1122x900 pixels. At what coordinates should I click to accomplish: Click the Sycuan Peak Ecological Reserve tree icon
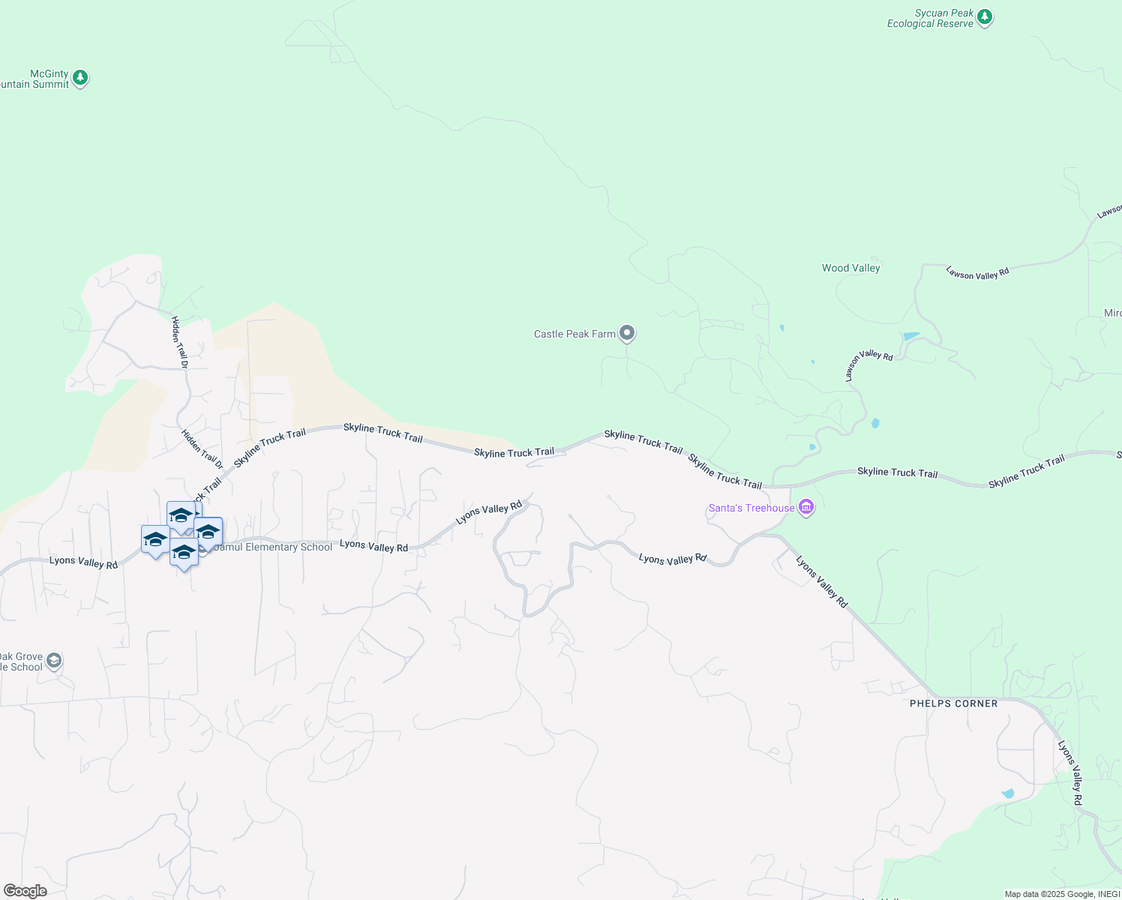click(x=985, y=17)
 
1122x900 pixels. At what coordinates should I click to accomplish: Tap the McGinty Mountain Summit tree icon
click(x=80, y=77)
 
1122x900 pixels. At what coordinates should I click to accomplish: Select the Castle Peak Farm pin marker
click(x=627, y=333)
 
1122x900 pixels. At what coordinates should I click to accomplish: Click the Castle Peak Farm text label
click(x=574, y=334)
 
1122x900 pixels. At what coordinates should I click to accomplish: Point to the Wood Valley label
click(x=850, y=268)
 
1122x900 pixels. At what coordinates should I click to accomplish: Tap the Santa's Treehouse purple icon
click(x=806, y=508)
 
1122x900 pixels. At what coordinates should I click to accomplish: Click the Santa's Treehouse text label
click(x=751, y=508)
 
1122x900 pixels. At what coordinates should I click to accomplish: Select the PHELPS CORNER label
click(x=953, y=703)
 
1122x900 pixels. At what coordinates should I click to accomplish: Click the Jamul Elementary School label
click(x=273, y=547)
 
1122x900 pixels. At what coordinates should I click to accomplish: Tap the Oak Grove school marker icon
click(x=53, y=661)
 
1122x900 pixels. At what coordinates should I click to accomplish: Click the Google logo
click(x=25, y=890)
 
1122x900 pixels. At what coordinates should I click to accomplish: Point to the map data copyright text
click(x=1062, y=894)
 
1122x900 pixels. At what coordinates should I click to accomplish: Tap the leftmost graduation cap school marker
click(x=155, y=539)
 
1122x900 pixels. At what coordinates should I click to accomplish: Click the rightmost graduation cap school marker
click(x=208, y=532)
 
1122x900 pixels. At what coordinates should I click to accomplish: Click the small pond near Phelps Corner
click(x=1007, y=793)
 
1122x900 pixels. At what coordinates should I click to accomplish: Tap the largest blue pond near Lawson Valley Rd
click(x=911, y=336)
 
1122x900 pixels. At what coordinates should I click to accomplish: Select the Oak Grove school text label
click(x=21, y=661)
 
